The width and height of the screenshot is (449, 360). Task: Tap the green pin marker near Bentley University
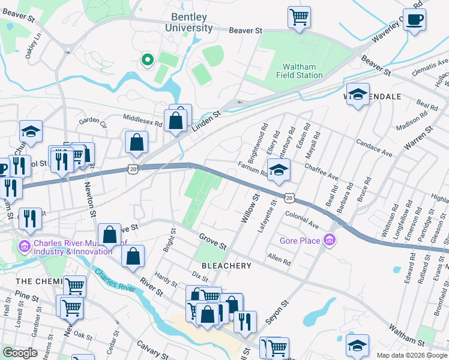(x=146, y=59)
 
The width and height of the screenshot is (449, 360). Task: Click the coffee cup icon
(x=414, y=19)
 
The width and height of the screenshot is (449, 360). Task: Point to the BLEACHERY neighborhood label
(x=226, y=265)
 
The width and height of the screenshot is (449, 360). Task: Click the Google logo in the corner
(x=20, y=353)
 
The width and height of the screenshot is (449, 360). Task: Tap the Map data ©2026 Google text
(x=411, y=355)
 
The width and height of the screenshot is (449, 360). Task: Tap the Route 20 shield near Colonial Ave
(x=290, y=197)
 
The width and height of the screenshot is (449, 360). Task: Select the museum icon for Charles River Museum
(x=24, y=246)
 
